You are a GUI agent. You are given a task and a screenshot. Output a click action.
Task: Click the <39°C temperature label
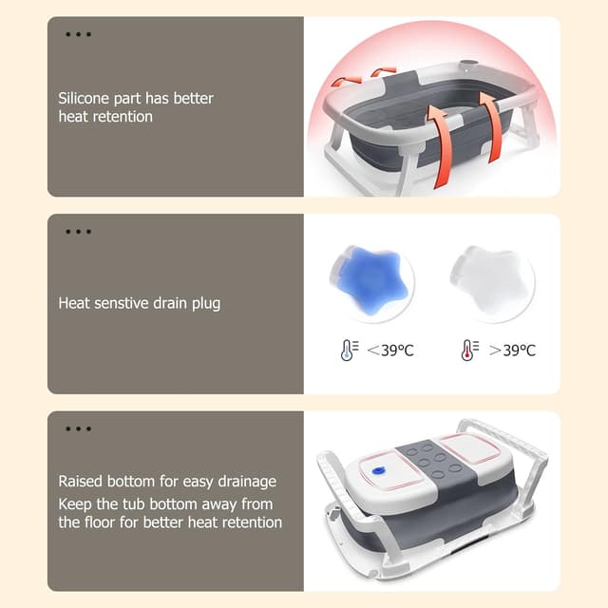click(390, 351)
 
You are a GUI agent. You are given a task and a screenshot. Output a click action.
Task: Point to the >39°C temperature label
click(512, 351)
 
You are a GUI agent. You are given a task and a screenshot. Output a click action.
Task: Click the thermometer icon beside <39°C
click(348, 350)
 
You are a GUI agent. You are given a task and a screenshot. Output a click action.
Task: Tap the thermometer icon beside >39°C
click(469, 350)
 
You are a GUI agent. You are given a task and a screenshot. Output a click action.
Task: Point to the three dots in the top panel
click(78, 35)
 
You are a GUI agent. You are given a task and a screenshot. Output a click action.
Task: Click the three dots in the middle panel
click(78, 232)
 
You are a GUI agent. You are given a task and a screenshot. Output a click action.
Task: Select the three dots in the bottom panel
click(78, 428)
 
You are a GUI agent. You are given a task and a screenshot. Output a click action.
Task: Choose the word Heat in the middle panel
click(75, 304)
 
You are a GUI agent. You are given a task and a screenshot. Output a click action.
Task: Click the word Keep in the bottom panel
click(75, 503)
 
